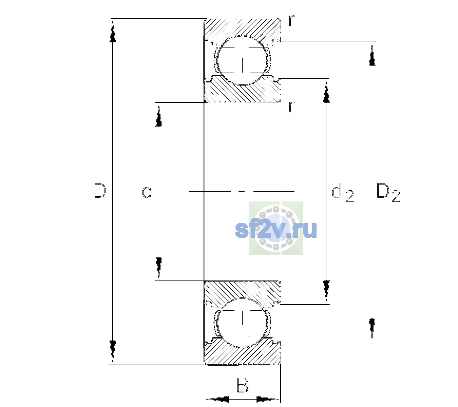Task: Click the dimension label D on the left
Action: pyautogui.click(x=100, y=191)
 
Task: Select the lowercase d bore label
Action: pyautogui.click(x=147, y=191)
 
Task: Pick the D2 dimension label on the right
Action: pyautogui.click(x=388, y=193)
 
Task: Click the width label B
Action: pyautogui.click(x=243, y=385)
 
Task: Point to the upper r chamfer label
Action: pyautogui.click(x=292, y=20)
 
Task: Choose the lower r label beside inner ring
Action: pyautogui.click(x=292, y=106)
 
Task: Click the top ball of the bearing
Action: pyautogui.click(x=242, y=60)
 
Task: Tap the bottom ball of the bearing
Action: pyautogui.click(x=242, y=322)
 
